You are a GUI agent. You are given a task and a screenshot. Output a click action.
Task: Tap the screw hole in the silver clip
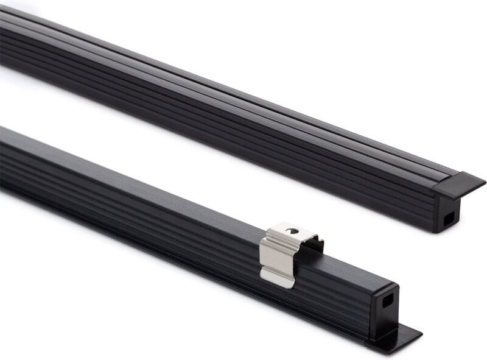point(293,231)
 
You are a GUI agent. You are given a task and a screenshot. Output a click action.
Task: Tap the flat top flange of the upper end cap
point(459,183)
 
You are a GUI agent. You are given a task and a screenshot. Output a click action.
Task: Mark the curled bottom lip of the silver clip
point(275,279)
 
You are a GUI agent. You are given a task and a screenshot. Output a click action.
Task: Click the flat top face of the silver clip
point(291,234)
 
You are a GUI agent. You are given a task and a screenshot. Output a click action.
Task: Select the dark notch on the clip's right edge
point(315,245)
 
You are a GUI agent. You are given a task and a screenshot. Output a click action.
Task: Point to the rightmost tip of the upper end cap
point(484,181)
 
